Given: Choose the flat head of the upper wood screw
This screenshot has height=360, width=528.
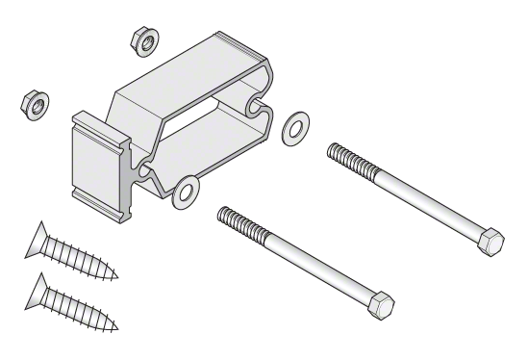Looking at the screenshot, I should (x=38, y=235).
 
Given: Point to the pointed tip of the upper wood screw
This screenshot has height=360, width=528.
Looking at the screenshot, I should (x=117, y=276).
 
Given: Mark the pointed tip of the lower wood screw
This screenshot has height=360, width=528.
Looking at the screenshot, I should (x=119, y=327).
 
